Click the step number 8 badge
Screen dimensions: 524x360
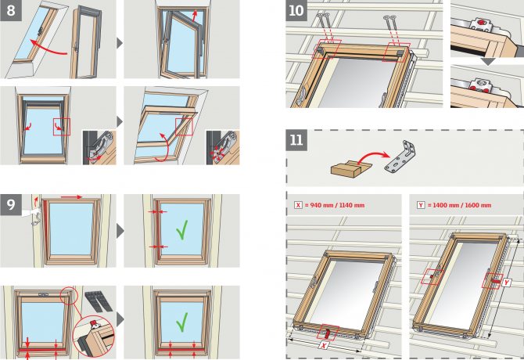(x=11, y=10)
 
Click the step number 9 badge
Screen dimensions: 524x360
(x=11, y=204)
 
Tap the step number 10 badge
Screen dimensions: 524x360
(x=296, y=10)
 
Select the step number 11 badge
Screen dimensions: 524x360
(x=296, y=140)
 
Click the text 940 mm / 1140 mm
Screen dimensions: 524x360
(x=337, y=205)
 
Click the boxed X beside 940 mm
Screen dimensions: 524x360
(x=298, y=205)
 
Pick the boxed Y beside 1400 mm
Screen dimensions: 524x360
(x=421, y=205)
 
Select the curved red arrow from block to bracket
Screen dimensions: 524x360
(x=372, y=156)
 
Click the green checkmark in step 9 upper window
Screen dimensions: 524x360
(x=181, y=229)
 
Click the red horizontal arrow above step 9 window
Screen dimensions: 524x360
(x=71, y=197)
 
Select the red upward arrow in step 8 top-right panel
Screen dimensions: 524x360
(x=196, y=16)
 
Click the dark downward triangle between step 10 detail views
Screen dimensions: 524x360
(x=488, y=62)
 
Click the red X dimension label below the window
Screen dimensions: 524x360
(x=323, y=345)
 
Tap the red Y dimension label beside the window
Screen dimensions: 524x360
(x=507, y=283)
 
